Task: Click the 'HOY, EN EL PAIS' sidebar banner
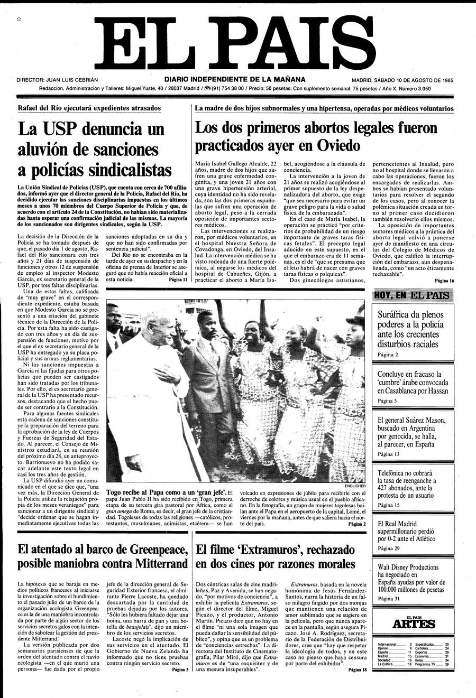(411, 295)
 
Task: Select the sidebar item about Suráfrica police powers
(411, 329)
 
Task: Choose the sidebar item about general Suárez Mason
(411, 433)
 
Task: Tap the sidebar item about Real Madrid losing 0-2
(411, 531)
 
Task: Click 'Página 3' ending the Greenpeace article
(180, 670)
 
